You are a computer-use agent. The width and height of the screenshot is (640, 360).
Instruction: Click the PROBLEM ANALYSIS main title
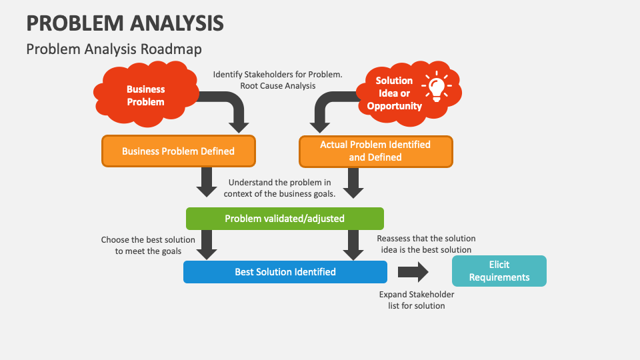point(125,23)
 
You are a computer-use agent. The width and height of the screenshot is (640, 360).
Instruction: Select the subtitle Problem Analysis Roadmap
point(114,49)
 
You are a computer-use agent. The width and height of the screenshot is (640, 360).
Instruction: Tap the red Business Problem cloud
point(146,95)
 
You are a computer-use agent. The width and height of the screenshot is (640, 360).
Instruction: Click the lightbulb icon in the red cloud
point(436,87)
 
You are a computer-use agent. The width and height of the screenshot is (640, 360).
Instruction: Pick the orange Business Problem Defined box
point(179,151)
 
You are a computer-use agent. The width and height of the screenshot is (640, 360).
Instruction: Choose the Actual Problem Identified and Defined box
point(376,151)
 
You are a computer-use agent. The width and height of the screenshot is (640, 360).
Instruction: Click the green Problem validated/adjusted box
point(285,219)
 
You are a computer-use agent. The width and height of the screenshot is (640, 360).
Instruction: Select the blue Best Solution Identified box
point(285,272)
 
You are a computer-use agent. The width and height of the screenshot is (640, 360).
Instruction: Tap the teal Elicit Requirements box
point(499,271)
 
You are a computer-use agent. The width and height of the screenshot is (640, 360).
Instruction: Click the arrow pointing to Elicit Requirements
point(413,272)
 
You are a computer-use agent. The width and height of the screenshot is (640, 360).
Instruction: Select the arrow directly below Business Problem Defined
point(207,182)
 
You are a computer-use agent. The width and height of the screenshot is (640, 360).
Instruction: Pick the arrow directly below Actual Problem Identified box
point(353,183)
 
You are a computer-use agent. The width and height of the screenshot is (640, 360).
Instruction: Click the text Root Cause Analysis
point(278,86)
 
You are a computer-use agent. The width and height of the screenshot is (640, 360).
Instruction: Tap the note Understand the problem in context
point(279,188)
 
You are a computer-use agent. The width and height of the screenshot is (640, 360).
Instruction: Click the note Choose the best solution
point(148,245)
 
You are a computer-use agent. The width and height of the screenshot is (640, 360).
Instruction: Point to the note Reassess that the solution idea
point(426,244)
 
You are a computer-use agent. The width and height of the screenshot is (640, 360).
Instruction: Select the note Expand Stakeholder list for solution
point(417,300)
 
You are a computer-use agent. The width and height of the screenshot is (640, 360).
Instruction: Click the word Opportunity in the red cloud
point(394,106)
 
